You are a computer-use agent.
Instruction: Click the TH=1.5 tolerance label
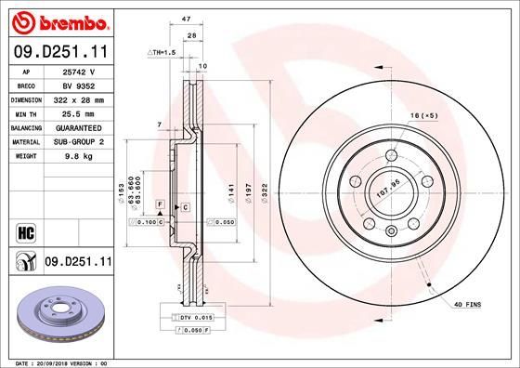(161, 53)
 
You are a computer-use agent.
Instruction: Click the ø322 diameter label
(265, 191)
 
